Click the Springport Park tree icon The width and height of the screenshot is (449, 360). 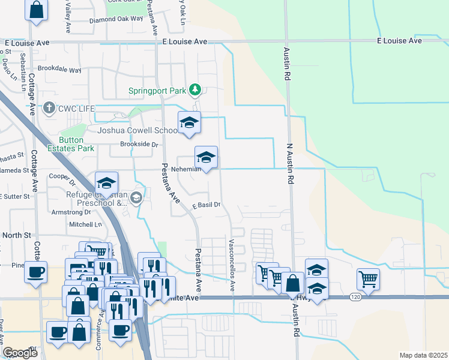tap(194, 90)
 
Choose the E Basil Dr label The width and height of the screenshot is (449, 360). tap(206, 205)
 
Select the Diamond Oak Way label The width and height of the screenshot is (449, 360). tap(116, 19)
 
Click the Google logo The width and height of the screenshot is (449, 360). tap(20, 353)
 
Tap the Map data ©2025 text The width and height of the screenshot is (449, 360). tap(423, 355)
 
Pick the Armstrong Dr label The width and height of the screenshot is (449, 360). tap(71, 212)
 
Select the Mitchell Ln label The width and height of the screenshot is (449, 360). tap(86, 224)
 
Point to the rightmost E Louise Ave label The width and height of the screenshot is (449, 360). tap(399, 41)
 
